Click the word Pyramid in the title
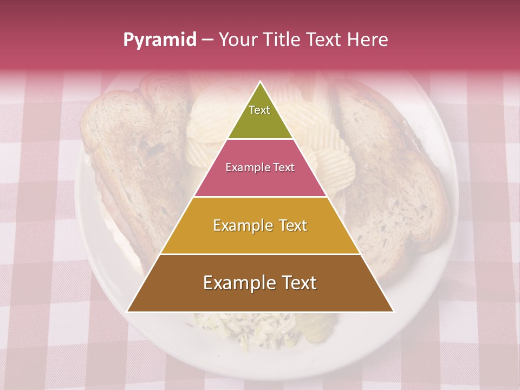(x=159, y=40)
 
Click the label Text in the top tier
(x=259, y=110)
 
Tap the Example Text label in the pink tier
(x=260, y=167)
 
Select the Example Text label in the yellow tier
(x=260, y=225)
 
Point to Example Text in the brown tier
(x=260, y=283)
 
